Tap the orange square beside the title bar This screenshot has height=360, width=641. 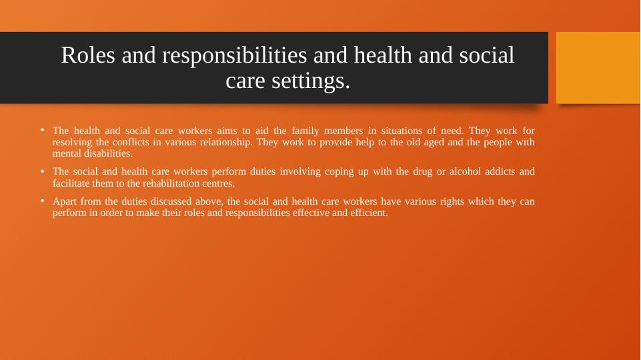click(598, 67)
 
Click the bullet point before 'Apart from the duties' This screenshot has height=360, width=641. click(42, 201)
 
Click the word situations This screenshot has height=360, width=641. click(394, 131)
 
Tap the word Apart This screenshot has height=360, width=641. click(65, 202)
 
